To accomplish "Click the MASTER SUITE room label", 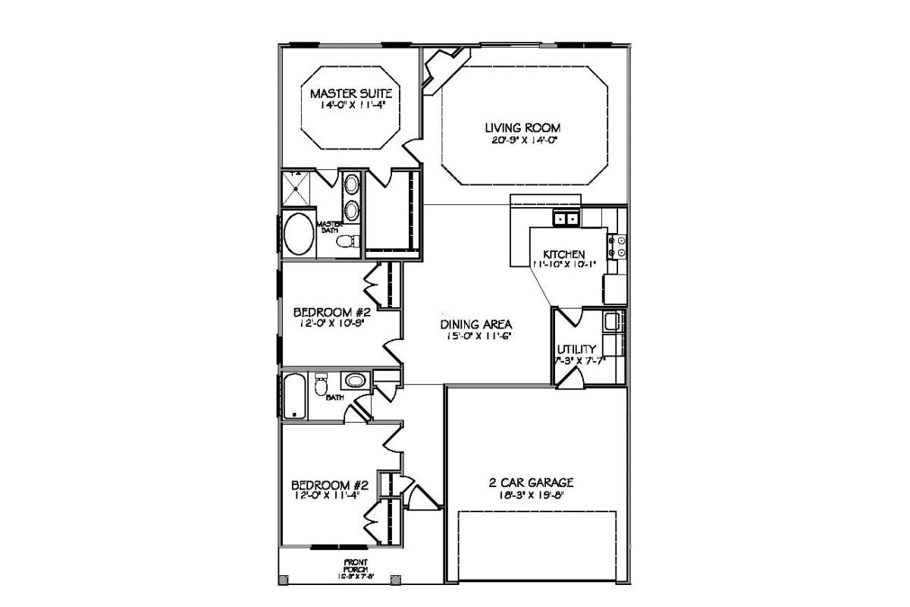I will (350, 93).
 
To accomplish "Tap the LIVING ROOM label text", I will (523, 127).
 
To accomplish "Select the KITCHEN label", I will (563, 253).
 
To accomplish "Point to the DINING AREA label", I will (475, 324).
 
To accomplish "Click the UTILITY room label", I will (576, 349).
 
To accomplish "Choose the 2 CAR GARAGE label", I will (531, 482).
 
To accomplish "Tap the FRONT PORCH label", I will (355, 565).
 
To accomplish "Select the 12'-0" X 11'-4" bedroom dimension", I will (330, 495).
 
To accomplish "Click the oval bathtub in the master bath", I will (297, 235).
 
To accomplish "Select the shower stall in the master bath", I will (297, 187).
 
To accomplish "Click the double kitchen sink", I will (565, 219).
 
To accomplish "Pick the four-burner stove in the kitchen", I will (617, 246).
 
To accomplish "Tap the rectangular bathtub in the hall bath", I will (294, 395).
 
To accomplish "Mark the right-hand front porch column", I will (394, 580).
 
